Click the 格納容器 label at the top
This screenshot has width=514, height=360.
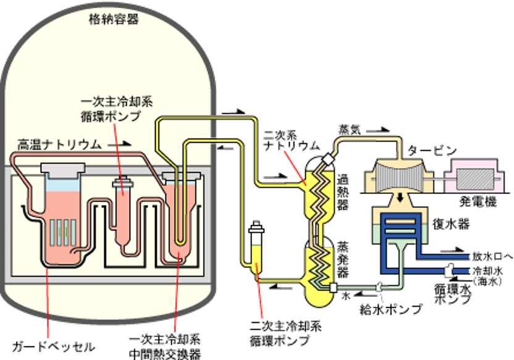pyautogui.click(x=113, y=19)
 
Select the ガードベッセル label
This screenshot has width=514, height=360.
pyautogui.click(x=54, y=347)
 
